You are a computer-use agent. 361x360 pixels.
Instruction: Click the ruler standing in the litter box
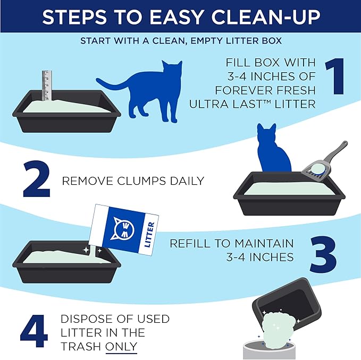[x=47, y=85]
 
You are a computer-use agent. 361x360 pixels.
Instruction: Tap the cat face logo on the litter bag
[x=126, y=229]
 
